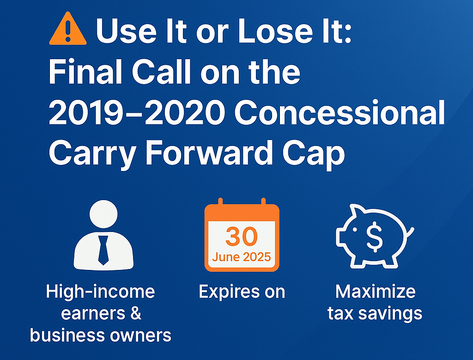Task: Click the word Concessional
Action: point(340,112)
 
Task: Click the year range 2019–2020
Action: point(137,112)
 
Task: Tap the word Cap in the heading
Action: point(314,154)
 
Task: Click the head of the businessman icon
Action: point(103,214)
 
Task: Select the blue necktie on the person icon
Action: point(103,250)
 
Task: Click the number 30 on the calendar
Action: point(242,237)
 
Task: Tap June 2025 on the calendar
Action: point(241,257)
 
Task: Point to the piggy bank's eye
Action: point(355,230)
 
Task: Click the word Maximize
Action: point(375,292)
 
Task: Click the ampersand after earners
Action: point(136,313)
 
